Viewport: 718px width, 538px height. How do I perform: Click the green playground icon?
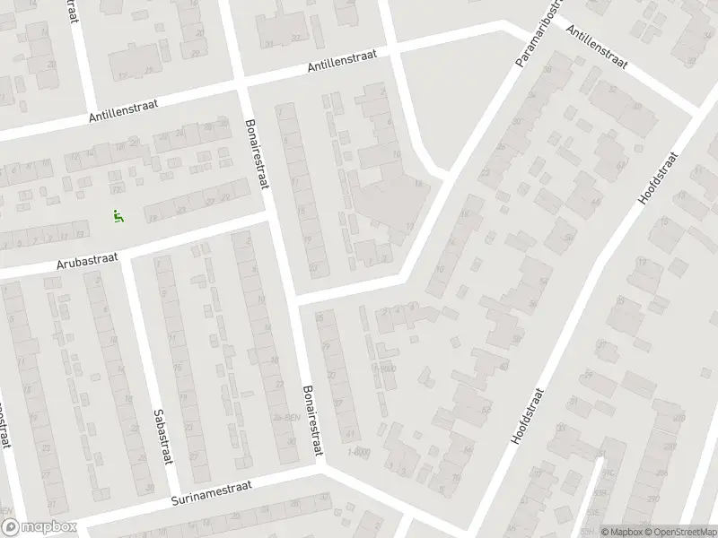click(118, 215)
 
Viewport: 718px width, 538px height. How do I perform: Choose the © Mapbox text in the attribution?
click(618, 531)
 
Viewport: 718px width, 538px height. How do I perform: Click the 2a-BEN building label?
click(285, 419)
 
